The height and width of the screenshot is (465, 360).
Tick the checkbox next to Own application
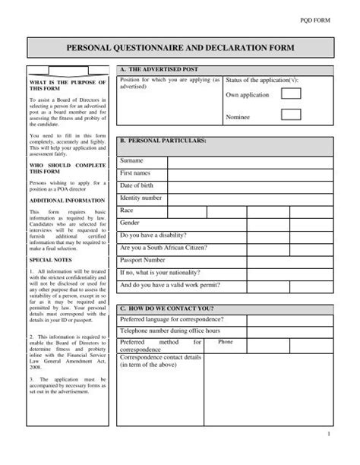[x=292, y=94]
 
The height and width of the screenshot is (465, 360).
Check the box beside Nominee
[x=292, y=115]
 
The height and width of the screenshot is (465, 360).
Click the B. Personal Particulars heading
[x=163, y=141]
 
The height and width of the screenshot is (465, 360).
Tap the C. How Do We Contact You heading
[x=169, y=309]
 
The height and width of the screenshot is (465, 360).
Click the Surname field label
[x=132, y=162]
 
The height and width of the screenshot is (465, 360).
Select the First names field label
[x=136, y=174]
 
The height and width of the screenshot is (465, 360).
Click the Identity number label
[x=141, y=198]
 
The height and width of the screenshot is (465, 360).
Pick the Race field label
[x=127, y=210]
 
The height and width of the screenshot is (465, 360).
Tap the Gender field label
[x=131, y=223]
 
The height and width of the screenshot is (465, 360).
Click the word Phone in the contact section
[x=226, y=343]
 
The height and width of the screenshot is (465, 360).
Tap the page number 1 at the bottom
[x=328, y=454]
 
